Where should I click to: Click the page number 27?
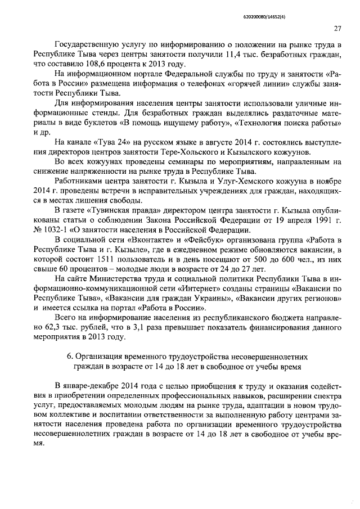pos(337,29)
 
